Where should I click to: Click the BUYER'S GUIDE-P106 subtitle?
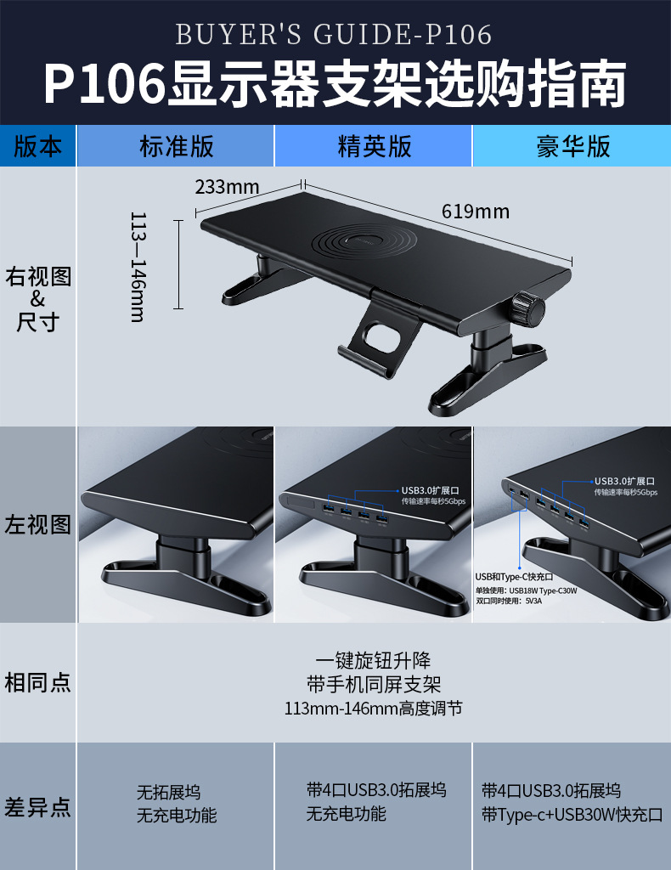(x=334, y=35)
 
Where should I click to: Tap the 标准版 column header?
(x=177, y=146)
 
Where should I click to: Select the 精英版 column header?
(x=374, y=146)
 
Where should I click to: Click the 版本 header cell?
(x=38, y=146)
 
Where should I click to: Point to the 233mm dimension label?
(x=227, y=187)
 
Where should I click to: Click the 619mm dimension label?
(x=475, y=212)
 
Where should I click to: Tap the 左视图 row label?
(x=38, y=524)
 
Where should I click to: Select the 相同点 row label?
(x=38, y=682)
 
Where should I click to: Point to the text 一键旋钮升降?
(x=373, y=661)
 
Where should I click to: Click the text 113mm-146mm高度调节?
(x=373, y=708)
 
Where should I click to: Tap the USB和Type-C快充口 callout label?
(x=515, y=577)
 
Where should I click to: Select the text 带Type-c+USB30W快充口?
(x=572, y=815)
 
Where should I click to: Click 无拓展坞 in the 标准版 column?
(x=168, y=792)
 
